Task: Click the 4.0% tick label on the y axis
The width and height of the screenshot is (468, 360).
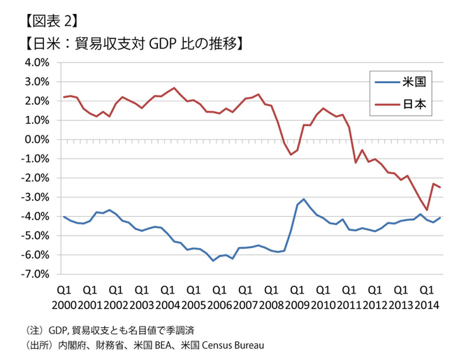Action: pyautogui.click(x=35, y=62)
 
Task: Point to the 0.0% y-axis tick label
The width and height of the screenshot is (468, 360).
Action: pyautogui.click(x=35, y=139)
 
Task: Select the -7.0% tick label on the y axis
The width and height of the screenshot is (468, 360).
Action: pyautogui.click(x=34, y=275)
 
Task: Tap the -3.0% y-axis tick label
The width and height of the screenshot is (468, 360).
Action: pyautogui.click(x=34, y=197)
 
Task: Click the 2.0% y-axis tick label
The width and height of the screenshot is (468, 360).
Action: pyautogui.click(x=35, y=101)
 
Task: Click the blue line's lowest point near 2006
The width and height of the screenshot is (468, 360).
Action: pyautogui.click(x=213, y=261)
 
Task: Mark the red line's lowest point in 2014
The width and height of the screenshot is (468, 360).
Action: pyautogui.click(x=427, y=210)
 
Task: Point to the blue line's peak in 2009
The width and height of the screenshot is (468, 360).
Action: pyautogui.click(x=304, y=199)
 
